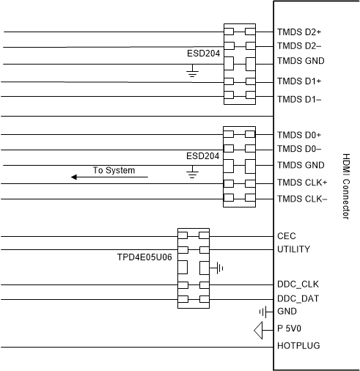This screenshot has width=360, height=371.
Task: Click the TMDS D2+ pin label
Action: pyautogui.click(x=299, y=33)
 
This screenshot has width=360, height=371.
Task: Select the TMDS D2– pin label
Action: pyautogui.click(x=298, y=47)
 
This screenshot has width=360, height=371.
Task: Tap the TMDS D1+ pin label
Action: pyautogui.click(x=299, y=81)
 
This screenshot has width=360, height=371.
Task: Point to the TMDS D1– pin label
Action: pyautogui.click(x=298, y=99)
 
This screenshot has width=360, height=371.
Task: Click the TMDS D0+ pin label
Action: pyautogui.click(x=299, y=135)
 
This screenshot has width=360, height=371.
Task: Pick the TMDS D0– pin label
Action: pyautogui.click(x=298, y=150)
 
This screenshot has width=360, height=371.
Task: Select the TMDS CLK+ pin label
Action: pyautogui.click(x=302, y=183)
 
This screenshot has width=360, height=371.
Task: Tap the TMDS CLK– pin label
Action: pyautogui.click(x=301, y=199)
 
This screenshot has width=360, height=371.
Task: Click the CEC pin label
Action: pyautogui.click(x=287, y=237)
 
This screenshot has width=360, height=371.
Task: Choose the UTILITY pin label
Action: pyautogui.click(x=293, y=249)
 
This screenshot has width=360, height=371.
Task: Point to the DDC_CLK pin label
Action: pyautogui.click(x=298, y=284)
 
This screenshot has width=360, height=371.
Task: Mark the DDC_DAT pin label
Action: pyautogui.click(x=298, y=298)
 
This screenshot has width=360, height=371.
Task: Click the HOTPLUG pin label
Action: pyautogui.click(x=298, y=345)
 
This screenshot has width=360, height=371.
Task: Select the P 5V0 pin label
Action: pyautogui.click(x=290, y=328)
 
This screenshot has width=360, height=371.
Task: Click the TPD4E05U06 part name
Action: pyautogui.click(x=144, y=257)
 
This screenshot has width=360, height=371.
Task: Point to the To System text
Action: pyautogui.click(x=114, y=170)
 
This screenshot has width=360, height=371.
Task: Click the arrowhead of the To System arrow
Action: pyautogui.click(x=75, y=177)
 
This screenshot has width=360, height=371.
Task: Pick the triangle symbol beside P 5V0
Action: pyautogui.click(x=258, y=330)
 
